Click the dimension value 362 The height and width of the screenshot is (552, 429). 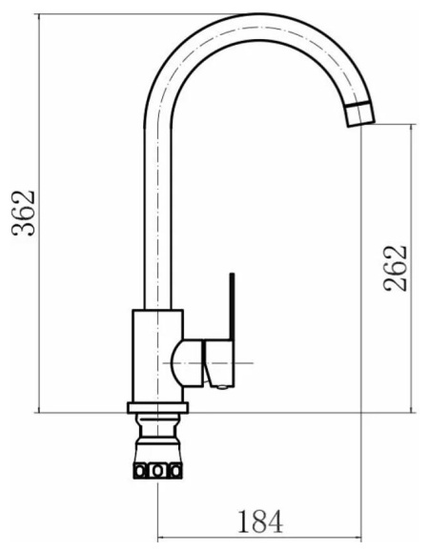[x=24, y=214]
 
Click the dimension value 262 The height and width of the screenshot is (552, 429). [x=396, y=268]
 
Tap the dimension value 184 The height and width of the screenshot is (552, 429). [x=261, y=521]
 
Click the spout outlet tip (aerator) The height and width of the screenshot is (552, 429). [x=359, y=113]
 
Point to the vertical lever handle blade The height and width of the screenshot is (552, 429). [x=232, y=307]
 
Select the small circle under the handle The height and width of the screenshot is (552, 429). [x=222, y=387]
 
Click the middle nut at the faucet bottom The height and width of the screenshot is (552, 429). [x=158, y=470]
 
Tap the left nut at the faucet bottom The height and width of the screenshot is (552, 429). [x=140, y=470]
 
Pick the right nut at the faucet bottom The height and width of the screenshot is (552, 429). [x=175, y=470]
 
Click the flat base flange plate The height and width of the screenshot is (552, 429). [x=157, y=408]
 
